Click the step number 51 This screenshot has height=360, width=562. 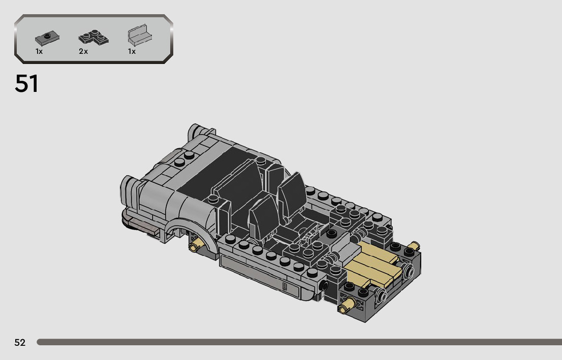pos(26,83)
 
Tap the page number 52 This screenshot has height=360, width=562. pos(20,342)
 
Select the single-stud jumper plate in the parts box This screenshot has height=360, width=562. pos(47,38)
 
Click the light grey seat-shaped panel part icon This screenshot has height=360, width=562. pos(140,35)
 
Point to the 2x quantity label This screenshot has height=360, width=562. pos(83,51)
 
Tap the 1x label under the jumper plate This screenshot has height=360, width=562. pos(39,51)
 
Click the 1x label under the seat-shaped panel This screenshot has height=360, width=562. pos(132,51)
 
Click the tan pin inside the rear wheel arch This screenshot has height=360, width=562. pos(197,245)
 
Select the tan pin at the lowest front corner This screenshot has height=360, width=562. pos(347,306)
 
